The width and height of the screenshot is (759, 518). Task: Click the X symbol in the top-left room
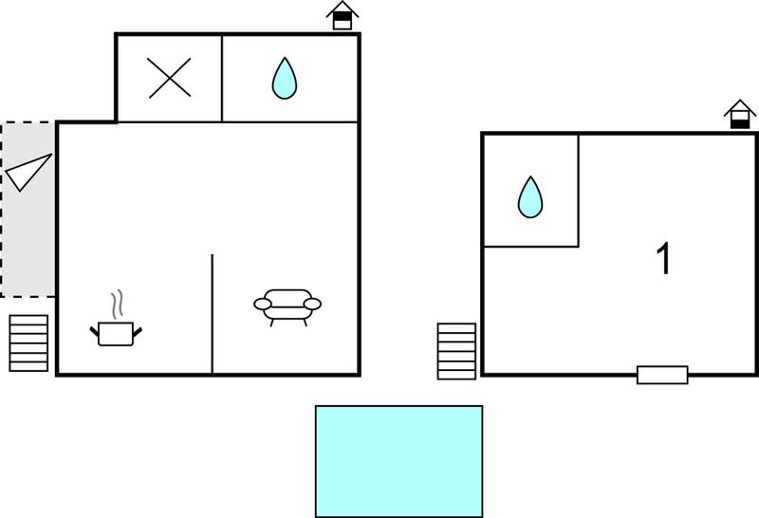(170, 78)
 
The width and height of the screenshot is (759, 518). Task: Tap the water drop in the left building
(284, 79)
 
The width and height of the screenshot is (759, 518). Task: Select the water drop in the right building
(530, 197)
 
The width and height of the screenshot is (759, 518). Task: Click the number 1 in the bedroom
(664, 258)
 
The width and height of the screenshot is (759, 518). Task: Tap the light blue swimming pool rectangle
(398, 461)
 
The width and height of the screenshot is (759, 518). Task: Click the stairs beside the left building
(28, 343)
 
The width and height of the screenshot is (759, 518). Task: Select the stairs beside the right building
(456, 351)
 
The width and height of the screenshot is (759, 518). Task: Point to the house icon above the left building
(342, 15)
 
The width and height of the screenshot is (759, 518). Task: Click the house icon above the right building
(740, 114)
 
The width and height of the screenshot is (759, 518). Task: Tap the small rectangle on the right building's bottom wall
(662, 375)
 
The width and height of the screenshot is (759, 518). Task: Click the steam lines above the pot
(116, 305)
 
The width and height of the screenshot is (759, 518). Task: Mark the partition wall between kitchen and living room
(212, 314)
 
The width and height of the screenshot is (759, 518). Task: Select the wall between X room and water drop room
(222, 78)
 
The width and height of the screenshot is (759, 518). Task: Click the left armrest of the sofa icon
(263, 304)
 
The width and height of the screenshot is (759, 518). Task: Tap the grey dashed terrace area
(28, 209)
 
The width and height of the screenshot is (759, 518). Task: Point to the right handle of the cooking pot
(138, 332)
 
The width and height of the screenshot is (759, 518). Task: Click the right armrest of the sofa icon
(312, 304)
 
